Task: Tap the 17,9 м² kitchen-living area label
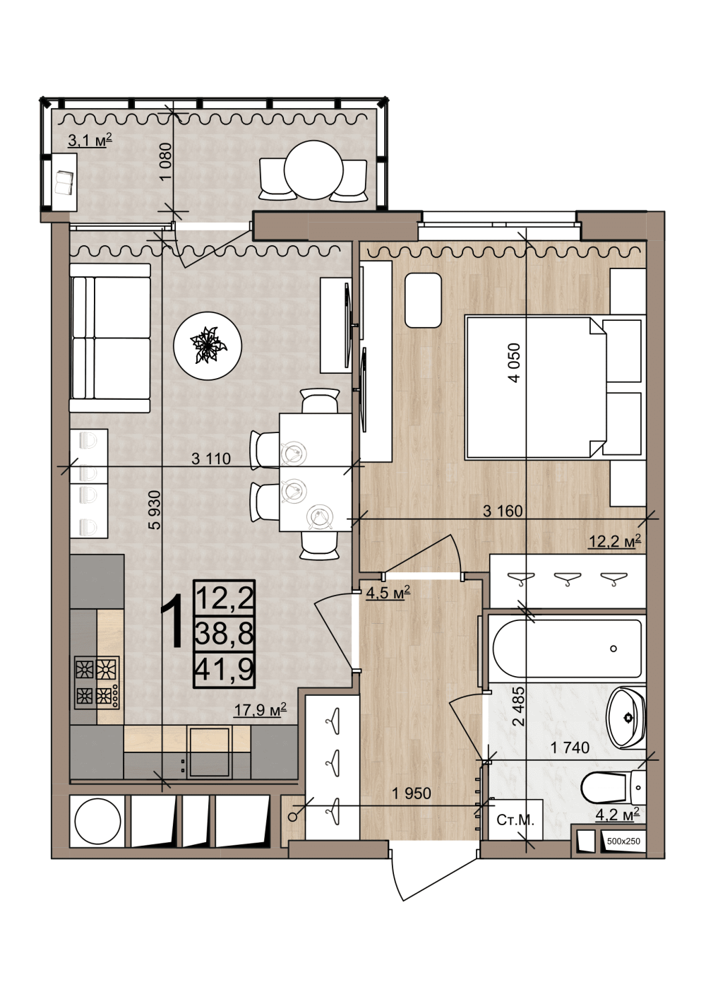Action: point(261,709)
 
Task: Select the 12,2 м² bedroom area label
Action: point(615,541)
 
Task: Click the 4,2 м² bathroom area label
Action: point(617,815)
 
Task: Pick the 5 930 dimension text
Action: point(154,510)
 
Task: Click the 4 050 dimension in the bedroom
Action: point(514,362)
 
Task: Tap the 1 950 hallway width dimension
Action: point(412,793)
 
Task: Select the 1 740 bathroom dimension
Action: point(570,747)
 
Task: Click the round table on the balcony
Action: point(313,170)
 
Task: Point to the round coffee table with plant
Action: point(208,345)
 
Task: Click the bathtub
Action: point(567,649)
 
